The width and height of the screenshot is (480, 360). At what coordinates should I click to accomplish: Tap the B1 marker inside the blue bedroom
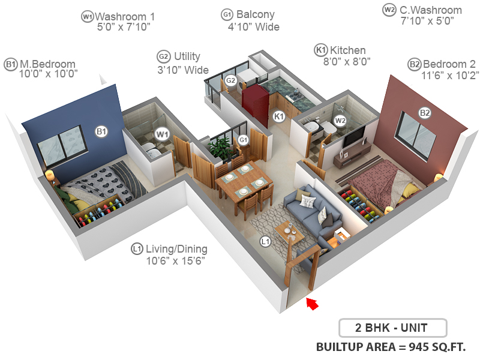[101, 131]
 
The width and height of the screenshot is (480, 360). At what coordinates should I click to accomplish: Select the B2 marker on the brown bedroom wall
[425, 112]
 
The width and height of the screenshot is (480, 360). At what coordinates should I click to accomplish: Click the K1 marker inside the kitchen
[278, 116]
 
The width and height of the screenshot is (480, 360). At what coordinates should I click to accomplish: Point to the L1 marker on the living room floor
[265, 241]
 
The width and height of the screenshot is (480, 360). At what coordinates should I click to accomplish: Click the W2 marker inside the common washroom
[340, 120]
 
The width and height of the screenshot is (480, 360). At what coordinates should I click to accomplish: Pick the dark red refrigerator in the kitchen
[254, 105]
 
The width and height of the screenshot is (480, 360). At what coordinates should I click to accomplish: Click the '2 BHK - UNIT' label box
[393, 329]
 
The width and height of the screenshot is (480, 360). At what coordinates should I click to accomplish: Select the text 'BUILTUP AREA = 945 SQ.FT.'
[391, 347]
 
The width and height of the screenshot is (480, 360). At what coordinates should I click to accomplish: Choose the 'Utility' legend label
[186, 56]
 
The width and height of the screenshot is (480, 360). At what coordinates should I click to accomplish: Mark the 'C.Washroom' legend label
[430, 10]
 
